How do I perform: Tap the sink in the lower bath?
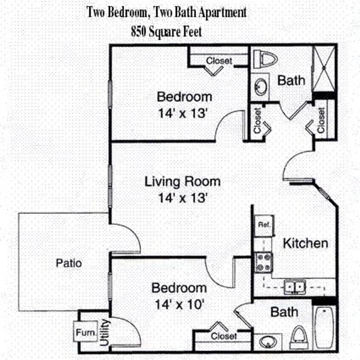coord(268,341)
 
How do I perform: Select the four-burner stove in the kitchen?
coord(264,262)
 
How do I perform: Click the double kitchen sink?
coord(295,287)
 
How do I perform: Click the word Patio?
coord(69,263)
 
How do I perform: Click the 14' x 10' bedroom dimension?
coord(179,304)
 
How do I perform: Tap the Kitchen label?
coord(305,243)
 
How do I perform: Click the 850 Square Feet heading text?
coord(166,32)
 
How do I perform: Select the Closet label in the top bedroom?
coord(219,61)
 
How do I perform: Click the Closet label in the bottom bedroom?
coord(224,336)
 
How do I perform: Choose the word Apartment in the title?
coord(222,13)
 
